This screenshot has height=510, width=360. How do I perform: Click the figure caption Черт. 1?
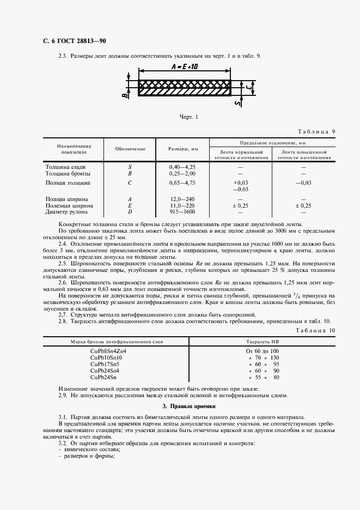[188, 116]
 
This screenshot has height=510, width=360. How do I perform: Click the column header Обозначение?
[130, 149]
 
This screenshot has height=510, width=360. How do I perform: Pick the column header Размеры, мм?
[182, 149]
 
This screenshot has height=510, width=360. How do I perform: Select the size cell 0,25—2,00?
[182, 173]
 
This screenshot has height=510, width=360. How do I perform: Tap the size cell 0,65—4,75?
[182, 183]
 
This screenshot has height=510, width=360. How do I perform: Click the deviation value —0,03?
[303, 183]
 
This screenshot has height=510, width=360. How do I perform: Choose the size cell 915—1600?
[182, 212]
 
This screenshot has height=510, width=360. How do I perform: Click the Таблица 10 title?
[315, 330]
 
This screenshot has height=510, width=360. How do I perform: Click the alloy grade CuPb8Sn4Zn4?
[108, 351]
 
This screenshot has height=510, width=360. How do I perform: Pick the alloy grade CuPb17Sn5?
[105, 364]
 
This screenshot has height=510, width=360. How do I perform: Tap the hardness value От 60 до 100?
[263, 351]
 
